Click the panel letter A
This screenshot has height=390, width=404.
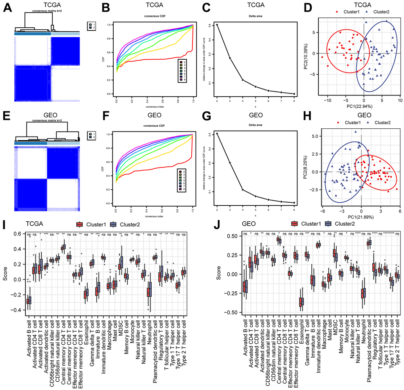[x=7, y=9]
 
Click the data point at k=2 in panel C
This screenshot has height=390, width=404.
[x=217, y=25]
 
